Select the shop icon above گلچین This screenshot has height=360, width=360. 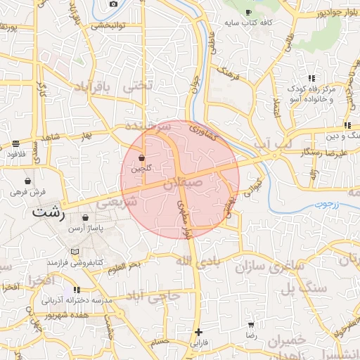142,157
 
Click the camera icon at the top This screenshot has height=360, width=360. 114,4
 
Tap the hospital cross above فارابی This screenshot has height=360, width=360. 199,332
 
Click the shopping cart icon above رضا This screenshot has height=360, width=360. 251,326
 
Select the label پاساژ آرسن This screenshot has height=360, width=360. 86,229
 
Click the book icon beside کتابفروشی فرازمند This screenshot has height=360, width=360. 75,252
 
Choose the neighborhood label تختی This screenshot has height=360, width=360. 137,87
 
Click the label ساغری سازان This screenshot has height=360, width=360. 253,267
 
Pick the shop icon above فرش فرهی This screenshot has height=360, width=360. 27,181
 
